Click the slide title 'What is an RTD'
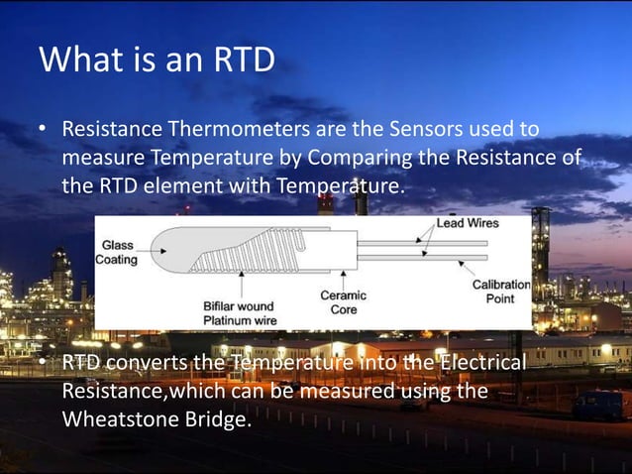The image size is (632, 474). coord(157,59)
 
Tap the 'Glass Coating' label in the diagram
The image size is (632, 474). coord(116,252)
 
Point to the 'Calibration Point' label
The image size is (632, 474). coord(500,292)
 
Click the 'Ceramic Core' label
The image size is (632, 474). coord(343,303)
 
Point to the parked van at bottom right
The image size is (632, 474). coord(598,405)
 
